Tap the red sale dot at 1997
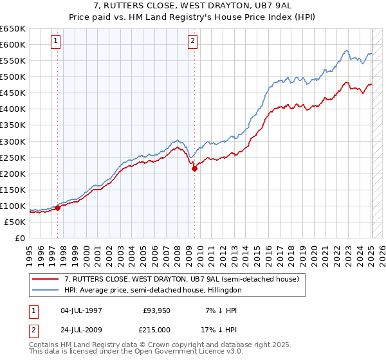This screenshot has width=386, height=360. click(57, 208)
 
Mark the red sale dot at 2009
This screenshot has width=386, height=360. click(194, 168)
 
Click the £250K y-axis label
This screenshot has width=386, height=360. click(13, 157)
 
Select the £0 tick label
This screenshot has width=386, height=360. click(20, 238)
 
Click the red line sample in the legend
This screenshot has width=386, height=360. click(46, 280)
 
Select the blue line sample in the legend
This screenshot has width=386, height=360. click(46, 291)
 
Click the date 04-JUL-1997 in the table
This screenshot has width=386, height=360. click(82, 310)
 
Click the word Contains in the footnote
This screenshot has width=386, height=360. click(44, 346)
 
